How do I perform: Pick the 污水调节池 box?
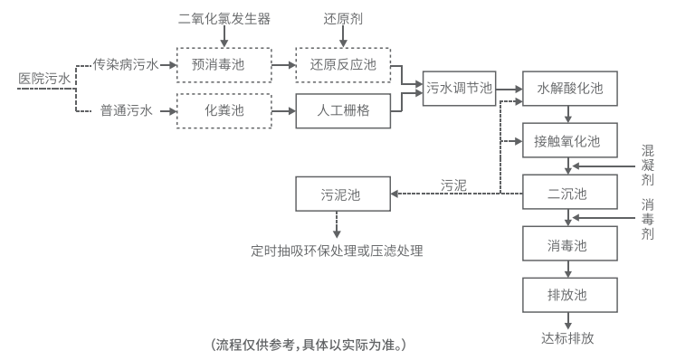(460, 88)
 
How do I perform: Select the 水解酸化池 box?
(569, 90)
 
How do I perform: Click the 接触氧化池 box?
(569, 142)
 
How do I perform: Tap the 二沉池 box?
(569, 193)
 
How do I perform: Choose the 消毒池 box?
(569, 244)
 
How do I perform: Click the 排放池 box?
(569, 296)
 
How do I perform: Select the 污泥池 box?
(340, 194)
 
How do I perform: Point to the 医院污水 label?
(43, 78)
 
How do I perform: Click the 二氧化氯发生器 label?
(224, 18)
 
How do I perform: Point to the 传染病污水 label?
(126, 64)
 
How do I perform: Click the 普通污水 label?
(126, 111)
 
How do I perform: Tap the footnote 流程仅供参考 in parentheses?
(309, 345)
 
